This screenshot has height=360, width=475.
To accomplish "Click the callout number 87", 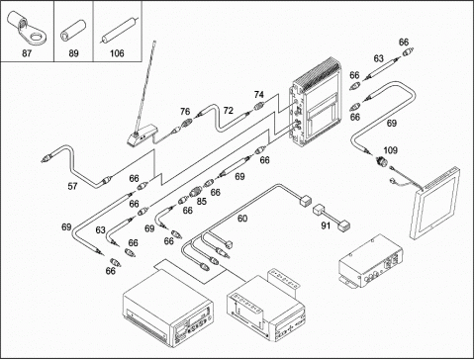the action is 27,53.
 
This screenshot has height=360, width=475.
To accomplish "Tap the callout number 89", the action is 73,53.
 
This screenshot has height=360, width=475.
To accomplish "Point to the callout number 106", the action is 117,53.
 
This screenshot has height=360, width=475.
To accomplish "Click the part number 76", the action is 185,112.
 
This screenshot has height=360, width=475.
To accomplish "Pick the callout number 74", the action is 259,95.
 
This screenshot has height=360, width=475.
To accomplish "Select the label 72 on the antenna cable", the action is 229,111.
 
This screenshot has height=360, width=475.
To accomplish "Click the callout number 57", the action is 72,186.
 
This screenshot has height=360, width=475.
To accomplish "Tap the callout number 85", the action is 202,201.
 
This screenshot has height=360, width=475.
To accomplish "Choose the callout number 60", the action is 242,219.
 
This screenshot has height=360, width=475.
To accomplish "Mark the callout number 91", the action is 326,225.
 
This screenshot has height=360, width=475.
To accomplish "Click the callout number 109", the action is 391,150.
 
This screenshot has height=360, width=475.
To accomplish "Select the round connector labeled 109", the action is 381,161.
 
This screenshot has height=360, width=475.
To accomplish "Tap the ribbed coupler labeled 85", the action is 195,191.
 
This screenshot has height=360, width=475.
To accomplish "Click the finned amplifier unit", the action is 316,102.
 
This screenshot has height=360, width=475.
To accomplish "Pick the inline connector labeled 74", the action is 259,106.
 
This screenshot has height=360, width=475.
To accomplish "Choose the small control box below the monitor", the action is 371,261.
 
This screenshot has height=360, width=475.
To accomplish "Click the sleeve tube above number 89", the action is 73,31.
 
